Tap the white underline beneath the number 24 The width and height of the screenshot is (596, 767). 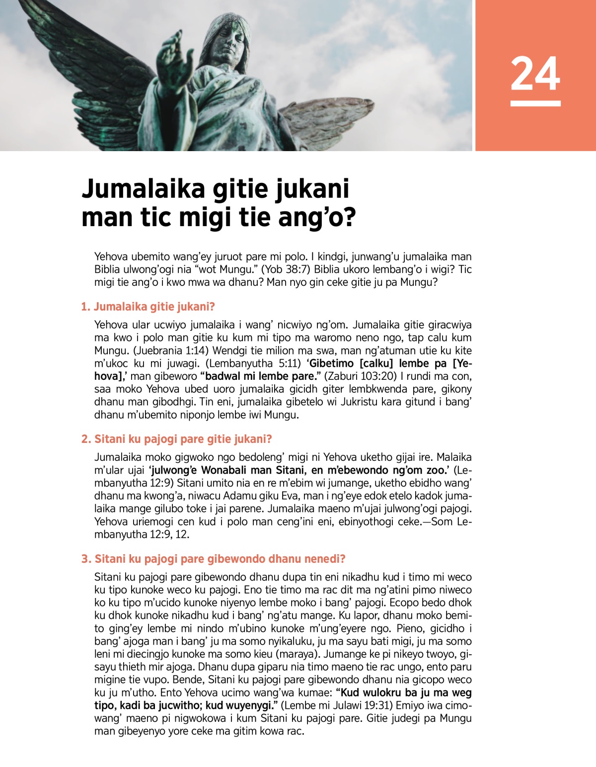point(535,103)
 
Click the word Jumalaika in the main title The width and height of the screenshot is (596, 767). point(144,189)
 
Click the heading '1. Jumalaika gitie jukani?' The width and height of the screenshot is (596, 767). point(148,307)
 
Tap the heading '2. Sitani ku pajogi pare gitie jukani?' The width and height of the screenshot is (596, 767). point(177,439)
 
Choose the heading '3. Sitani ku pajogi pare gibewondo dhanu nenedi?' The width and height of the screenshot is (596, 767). point(214,559)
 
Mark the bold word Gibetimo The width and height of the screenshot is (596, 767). point(330,363)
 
